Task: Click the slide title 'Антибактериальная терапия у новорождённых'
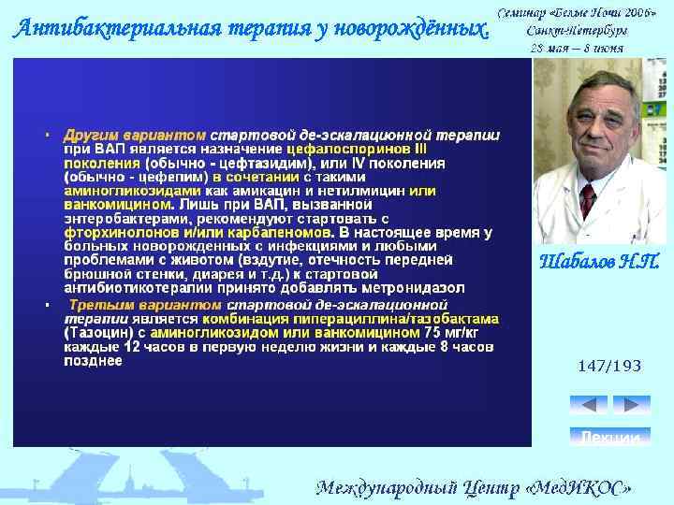pos(251,28)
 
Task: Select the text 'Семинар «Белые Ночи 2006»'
pos(577,13)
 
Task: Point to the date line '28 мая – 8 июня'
pos(577,47)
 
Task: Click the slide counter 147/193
pos(609,366)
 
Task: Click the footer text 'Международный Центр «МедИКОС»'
pos(474,487)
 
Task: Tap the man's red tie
pos(588,200)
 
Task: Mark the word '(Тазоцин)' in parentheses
pos(92,332)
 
